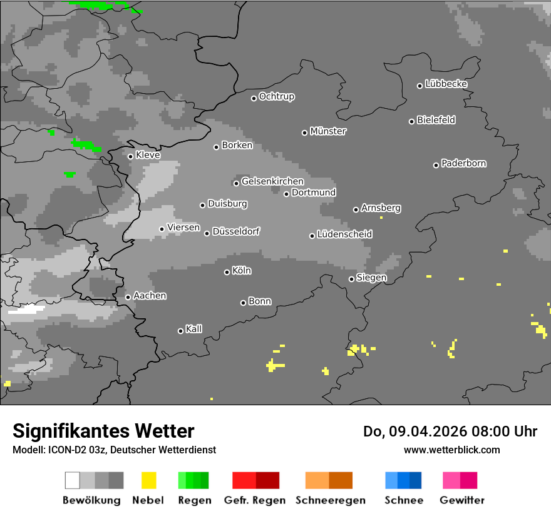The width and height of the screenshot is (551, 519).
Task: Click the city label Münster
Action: [328, 131]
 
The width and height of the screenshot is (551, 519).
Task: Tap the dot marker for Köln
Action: [227, 272]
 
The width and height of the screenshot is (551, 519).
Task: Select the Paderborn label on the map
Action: [463, 163]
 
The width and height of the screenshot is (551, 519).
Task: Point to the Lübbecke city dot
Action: [420, 86]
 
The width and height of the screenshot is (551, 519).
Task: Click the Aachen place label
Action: [150, 296]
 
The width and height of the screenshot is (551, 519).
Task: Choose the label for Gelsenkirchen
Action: [272, 181]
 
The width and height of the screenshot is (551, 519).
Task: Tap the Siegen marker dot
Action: [351, 279]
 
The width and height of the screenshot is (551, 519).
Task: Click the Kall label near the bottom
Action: [193, 329]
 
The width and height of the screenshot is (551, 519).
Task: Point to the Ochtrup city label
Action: [277, 96]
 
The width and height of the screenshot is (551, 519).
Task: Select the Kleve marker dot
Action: [130, 156]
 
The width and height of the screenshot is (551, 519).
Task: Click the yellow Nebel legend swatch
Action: [148, 480]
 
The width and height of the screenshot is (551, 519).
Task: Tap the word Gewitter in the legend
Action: [461, 500]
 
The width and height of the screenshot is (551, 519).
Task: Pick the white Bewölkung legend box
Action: [72, 480]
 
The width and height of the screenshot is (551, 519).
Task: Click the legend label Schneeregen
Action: [329, 500]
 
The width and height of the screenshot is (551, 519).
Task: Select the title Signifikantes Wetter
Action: [103, 431]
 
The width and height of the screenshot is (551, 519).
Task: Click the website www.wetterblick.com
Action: [451, 450]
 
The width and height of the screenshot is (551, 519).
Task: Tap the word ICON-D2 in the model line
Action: [66, 450]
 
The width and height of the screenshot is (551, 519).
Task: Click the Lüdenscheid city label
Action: [344, 234]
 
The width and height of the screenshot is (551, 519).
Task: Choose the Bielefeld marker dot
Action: [412, 121]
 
